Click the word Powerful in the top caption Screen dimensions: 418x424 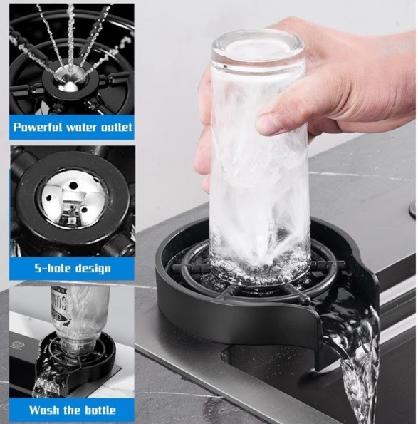point(38,127)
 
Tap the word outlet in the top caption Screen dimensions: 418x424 point(117,127)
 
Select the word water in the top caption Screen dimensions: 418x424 point(82,128)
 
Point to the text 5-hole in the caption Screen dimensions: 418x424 point(53,268)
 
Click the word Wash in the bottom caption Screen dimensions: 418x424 point(44,410)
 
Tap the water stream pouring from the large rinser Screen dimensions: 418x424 point(357,362)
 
